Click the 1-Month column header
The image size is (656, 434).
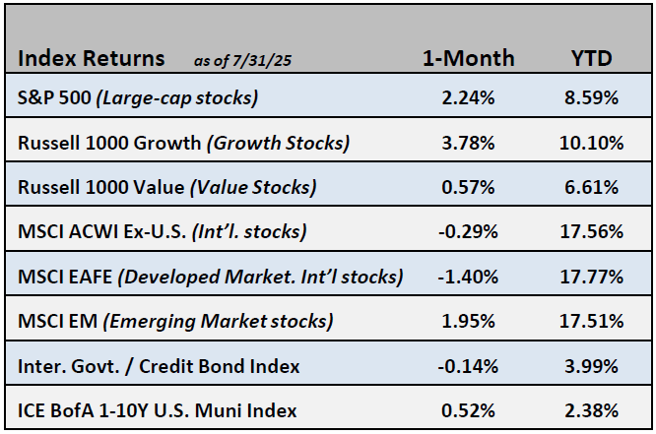tap(468, 58)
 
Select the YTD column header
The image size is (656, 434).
tap(591, 58)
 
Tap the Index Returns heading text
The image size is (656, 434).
tap(91, 58)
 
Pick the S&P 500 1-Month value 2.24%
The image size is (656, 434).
tap(468, 98)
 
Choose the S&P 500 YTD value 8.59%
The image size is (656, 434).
tap(592, 98)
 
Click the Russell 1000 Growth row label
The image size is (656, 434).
tap(183, 143)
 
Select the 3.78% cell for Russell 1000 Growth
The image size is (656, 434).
tap(468, 143)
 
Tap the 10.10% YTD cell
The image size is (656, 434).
tap(592, 143)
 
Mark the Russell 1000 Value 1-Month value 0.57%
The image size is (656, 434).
tap(468, 187)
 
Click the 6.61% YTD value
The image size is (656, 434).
tap(592, 187)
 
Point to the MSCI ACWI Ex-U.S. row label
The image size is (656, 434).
tap(163, 231)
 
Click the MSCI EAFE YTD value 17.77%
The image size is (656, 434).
tap(592, 277)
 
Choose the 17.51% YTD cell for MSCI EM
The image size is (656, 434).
tap(592, 321)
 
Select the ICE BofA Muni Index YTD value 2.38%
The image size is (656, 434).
tap(592, 409)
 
